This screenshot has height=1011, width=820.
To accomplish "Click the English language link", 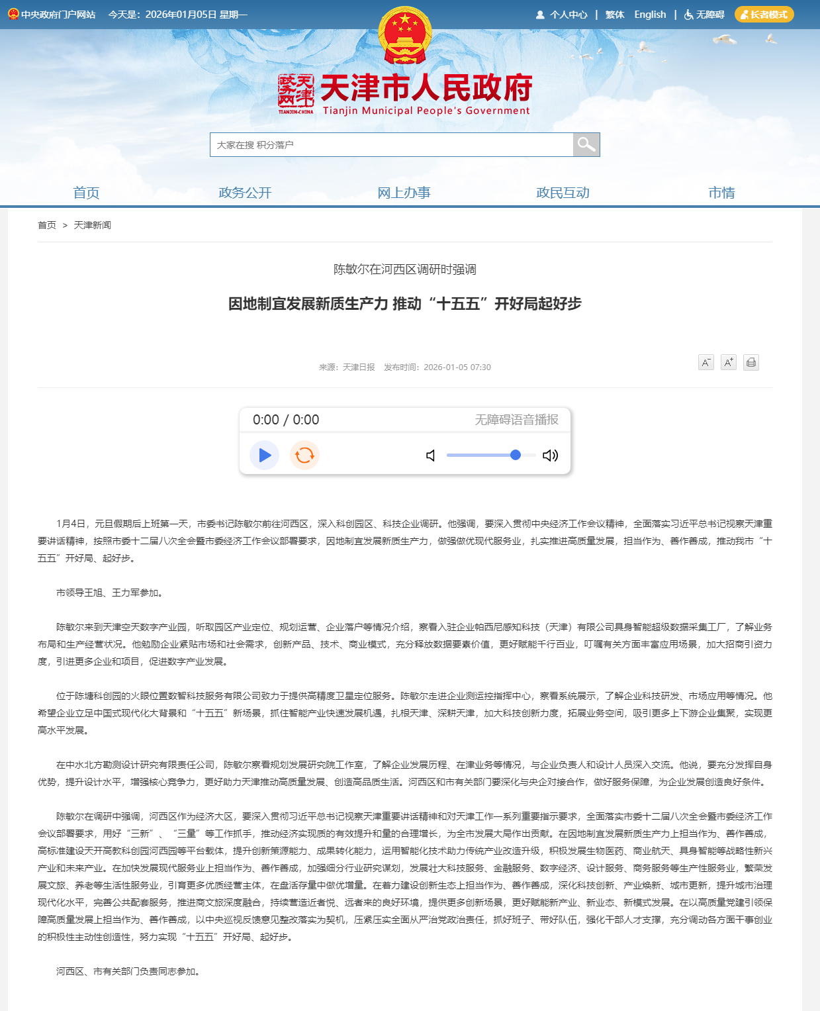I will pos(650,15).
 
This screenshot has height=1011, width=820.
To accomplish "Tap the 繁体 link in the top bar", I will pos(615,15).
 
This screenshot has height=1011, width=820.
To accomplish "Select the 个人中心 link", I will pos(562,15).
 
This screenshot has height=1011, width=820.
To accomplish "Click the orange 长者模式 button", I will pos(764,15).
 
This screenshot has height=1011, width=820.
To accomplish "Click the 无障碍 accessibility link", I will pos(704,15).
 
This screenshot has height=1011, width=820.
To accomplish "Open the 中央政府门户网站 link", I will pos(52,15).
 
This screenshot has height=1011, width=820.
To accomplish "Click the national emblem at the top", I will pos(404,35).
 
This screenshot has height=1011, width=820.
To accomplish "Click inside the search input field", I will pos(390,145).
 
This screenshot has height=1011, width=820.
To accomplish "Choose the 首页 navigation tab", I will pos(86,193).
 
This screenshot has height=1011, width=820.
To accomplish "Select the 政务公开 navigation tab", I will pos(245,193).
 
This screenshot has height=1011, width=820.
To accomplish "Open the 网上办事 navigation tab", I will pos(404,193).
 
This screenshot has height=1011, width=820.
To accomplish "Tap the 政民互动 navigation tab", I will pos(563,193).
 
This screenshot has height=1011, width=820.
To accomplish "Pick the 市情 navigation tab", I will pos(721,193).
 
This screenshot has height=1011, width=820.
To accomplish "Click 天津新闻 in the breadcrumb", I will pos(92,225).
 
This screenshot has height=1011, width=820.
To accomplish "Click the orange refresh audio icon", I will pos(304,456).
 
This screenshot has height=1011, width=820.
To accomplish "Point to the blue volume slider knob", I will pos(516,455).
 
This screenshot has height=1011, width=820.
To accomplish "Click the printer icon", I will pos(751,362).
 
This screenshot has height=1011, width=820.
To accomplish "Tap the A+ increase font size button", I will pos(728,362).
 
